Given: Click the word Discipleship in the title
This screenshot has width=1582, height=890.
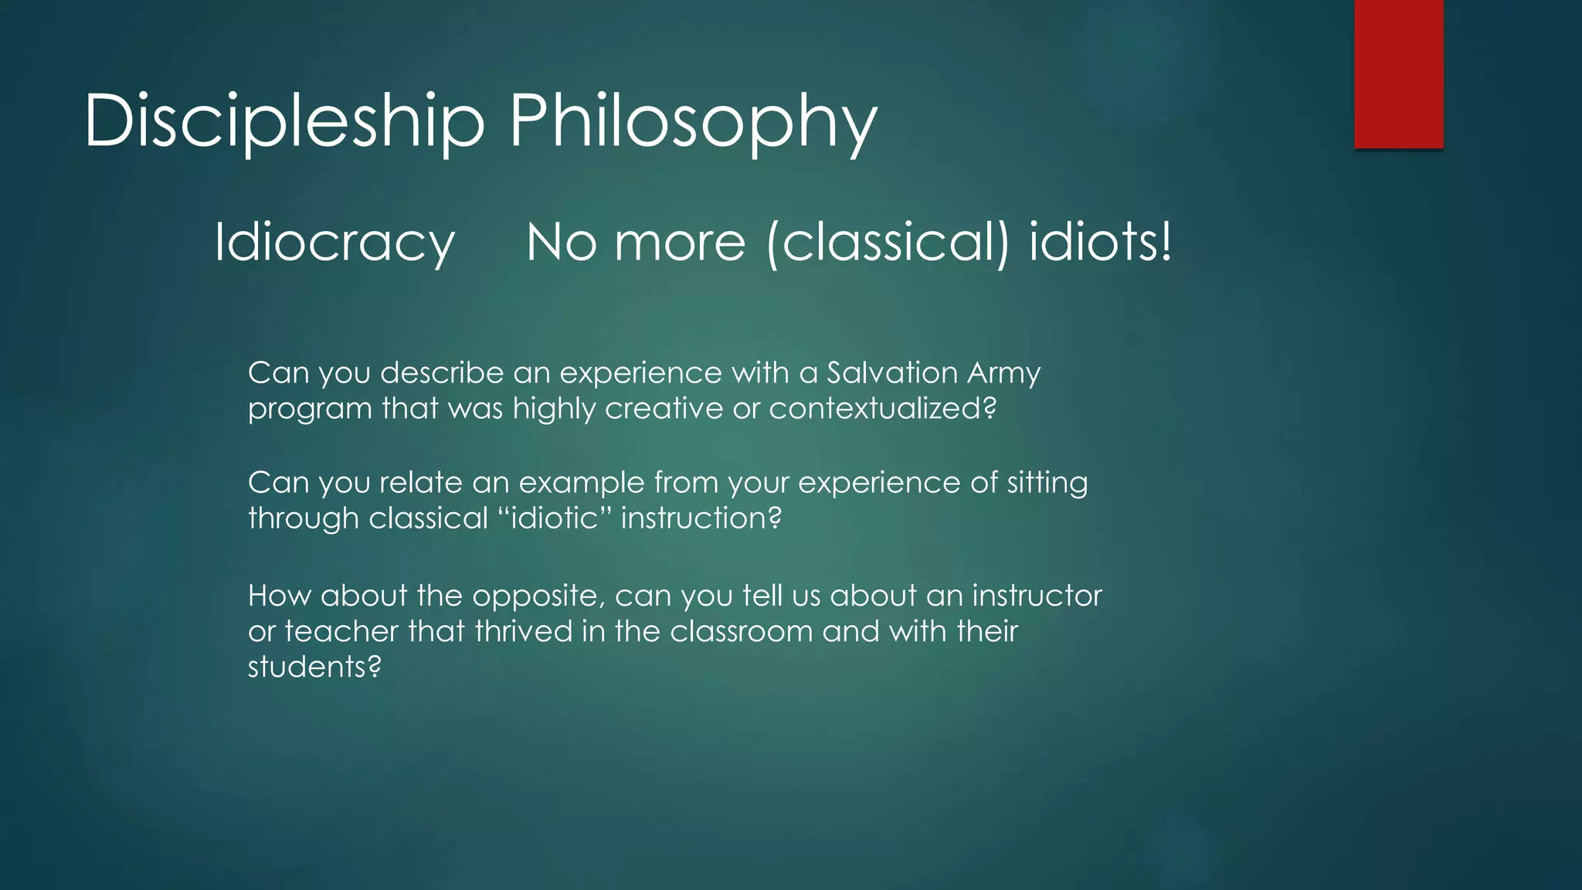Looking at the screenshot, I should pyautogui.click(x=284, y=121).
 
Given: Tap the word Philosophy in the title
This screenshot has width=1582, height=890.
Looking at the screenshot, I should pyautogui.click(x=693, y=121).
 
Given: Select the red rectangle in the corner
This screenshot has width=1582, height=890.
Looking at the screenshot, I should pyautogui.click(x=1398, y=73).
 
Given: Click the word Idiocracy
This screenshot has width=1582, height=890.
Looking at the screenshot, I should pyautogui.click(x=334, y=243).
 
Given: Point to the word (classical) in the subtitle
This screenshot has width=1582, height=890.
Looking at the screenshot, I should pyautogui.click(x=888, y=243).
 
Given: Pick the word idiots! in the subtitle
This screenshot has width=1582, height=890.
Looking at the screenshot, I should pyautogui.click(x=1100, y=243).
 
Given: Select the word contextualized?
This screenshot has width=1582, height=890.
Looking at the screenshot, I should pyautogui.click(x=882, y=409).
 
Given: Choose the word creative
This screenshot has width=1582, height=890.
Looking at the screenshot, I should pyautogui.click(x=664, y=409).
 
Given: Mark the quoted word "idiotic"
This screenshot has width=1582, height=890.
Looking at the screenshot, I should pyautogui.click(x=554, y=518).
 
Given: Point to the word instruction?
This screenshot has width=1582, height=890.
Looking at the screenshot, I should pyautogui.click(x=701, y=518).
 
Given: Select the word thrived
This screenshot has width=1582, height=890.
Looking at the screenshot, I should pyautogui.click(x=523, y=631).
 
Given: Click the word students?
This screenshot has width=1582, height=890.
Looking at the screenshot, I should pyautogui.click(x=314, y=667).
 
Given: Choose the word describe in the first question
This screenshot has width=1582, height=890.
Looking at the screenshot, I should pyautogui.click(x=441, y=373).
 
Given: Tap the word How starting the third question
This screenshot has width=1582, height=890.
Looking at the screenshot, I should pyautogui.click(x=279, y=596).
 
